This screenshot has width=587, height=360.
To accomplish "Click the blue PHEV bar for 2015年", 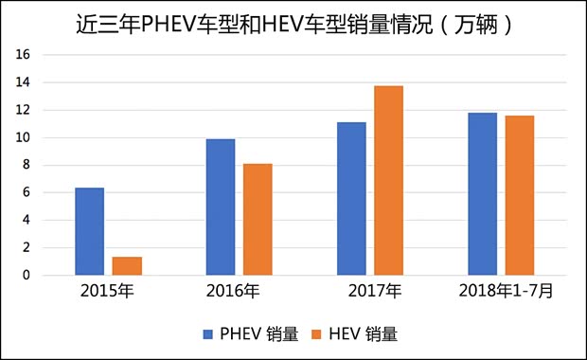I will (x=90, y=232).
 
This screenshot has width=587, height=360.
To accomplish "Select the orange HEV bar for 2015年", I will (x=127, y=266).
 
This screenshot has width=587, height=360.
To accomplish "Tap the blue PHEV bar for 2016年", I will (x=221, y=207).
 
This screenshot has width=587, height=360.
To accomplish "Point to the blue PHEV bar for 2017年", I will (x=351, y=199).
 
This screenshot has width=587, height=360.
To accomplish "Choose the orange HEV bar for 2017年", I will (x=388, y=181).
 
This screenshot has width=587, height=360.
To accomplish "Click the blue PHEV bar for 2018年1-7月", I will (x=483, y=194).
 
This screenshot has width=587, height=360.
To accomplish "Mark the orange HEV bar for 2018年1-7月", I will (x=520, y=195).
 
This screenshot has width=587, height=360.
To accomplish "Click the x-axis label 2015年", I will (x=109, y=290).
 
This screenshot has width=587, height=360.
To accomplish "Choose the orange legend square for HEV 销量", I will (x=318, y=334).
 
